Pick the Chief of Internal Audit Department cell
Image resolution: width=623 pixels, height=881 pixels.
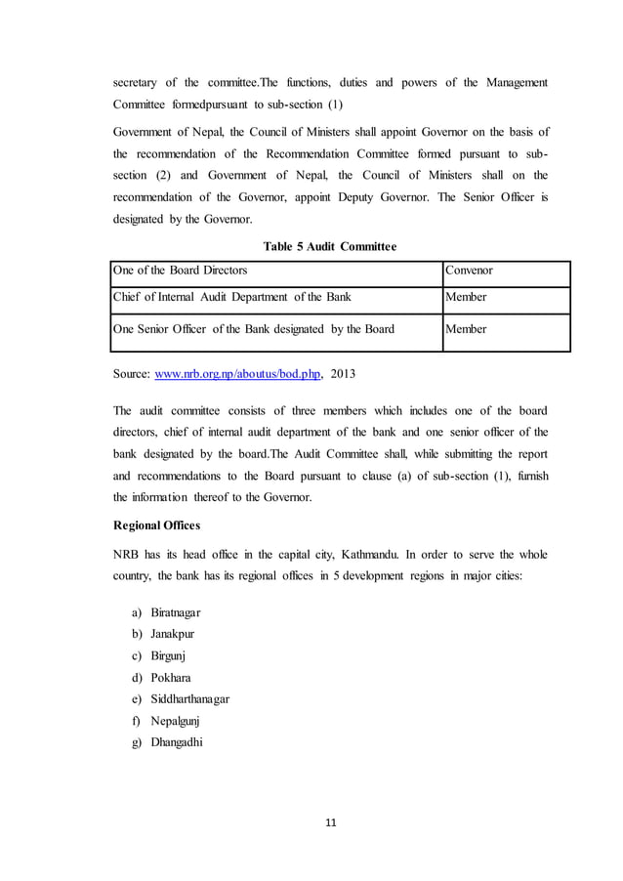[232, 296]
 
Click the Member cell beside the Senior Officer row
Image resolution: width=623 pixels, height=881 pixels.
[466, 329]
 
